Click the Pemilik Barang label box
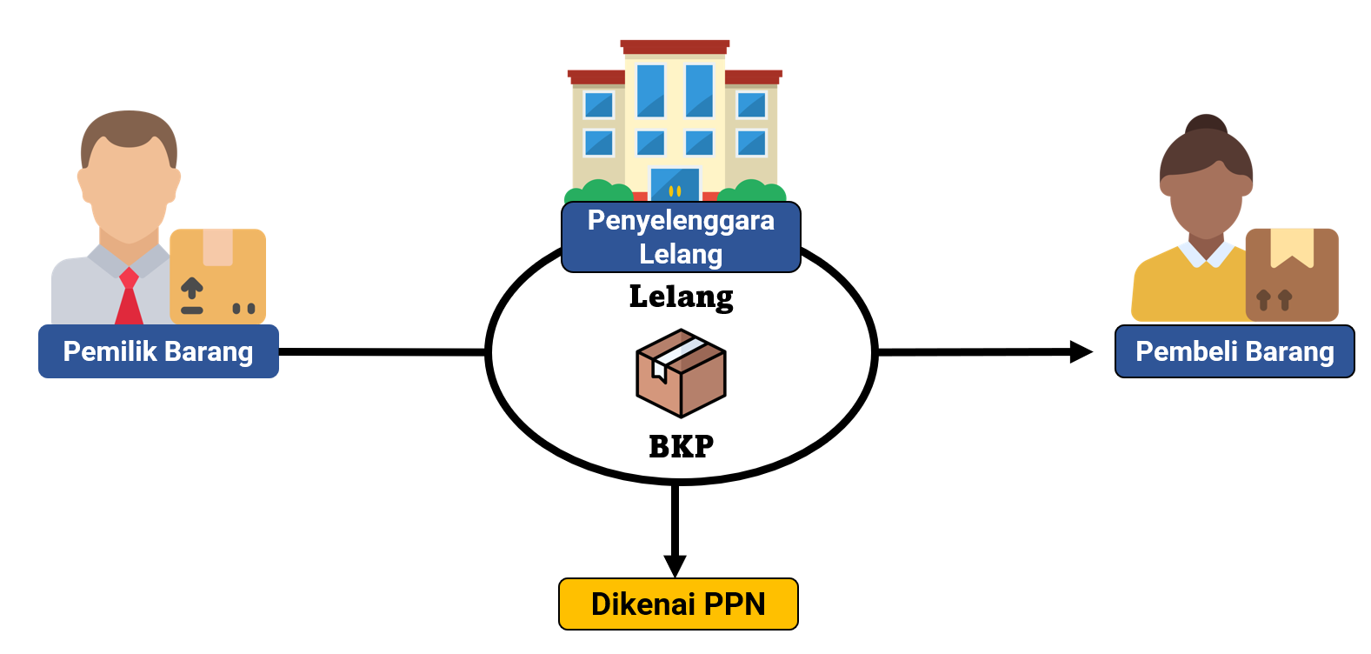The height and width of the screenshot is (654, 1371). click(x=158, y=351)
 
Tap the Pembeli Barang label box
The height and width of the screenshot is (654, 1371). click(x=1235, y=351)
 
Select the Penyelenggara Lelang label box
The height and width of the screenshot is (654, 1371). click(x=681, y=237)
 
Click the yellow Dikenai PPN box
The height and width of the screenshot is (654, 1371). click(x=678, y=604)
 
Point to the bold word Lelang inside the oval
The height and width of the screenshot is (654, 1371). click(x=681, y=297)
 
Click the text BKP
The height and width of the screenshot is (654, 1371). click(x=681, y=446)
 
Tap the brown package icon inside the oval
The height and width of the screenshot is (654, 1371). click(x=681, y=373)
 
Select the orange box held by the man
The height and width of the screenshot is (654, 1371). click(x=217, y=276)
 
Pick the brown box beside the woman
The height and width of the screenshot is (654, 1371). click(x=1292, y=274)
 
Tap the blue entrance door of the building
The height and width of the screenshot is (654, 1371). click(x=675, y=184)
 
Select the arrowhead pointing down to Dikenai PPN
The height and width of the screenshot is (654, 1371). click(x=675, y=565)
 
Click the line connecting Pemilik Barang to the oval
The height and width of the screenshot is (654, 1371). click(x=383, y=351)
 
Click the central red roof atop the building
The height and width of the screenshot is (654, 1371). click(x=675, y=46)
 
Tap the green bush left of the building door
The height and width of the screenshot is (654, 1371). click(x=598, y=190)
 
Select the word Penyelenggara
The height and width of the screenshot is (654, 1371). click(x=681, y=220)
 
